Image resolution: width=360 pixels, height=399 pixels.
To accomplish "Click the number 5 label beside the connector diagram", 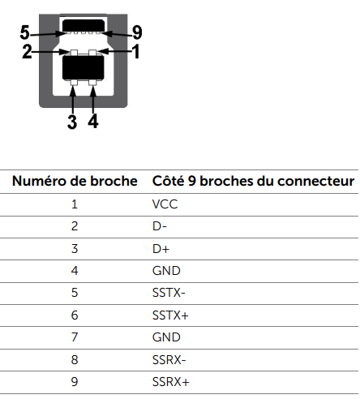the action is point(24,32).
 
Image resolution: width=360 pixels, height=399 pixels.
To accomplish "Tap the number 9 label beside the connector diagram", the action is point(137,32).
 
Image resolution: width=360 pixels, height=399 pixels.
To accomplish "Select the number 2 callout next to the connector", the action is point(27,51).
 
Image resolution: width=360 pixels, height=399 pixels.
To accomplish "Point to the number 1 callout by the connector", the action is point(136,51).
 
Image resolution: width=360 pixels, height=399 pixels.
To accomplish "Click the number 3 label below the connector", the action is point(72,122).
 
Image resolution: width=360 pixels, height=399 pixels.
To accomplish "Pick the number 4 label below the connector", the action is point(93,121).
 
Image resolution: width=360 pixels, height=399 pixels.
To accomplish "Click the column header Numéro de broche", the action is point(75,181).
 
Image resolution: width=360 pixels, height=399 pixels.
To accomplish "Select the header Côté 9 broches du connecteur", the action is point(253,181).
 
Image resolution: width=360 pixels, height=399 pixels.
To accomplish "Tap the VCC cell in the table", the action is point(165,204).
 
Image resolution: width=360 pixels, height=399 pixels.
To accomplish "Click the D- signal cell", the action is point(160,226).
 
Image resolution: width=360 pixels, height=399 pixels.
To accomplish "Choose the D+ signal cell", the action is point(161,249).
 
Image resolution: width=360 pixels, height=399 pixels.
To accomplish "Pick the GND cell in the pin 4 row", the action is point(166,271).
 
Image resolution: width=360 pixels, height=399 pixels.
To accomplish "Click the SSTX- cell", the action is point(169,293).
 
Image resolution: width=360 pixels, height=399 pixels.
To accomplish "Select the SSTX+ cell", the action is point(170,315).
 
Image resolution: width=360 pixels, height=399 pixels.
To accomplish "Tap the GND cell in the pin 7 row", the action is point(166,337).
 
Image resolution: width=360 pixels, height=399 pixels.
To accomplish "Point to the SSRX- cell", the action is point(169,360).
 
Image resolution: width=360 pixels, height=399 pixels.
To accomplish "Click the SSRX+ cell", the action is point(171,382).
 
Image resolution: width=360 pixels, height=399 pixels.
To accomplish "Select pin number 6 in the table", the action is point(75,315).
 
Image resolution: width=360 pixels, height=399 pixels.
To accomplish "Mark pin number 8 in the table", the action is point(75,360).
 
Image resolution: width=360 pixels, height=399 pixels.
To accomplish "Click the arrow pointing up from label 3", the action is point(73,100).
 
